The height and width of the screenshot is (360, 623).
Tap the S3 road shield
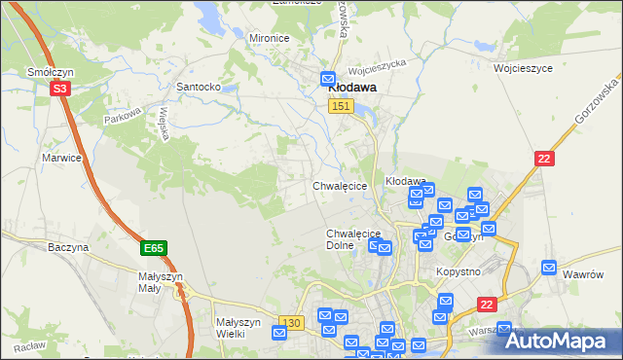click(60, 89)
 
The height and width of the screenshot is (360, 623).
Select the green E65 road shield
click(153, 249)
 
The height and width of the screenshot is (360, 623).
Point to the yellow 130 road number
click(290, 322)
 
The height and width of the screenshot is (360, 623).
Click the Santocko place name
click(197, 87)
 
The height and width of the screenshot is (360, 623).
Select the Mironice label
click(270, 38)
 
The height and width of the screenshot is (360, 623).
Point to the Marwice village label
click(60, 157)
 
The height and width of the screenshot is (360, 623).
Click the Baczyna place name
click(68, 248)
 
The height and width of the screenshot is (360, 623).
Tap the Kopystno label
click(458, 271)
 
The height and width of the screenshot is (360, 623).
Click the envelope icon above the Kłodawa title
click(329, 77)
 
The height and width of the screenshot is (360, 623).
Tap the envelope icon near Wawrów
click(550, 267)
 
